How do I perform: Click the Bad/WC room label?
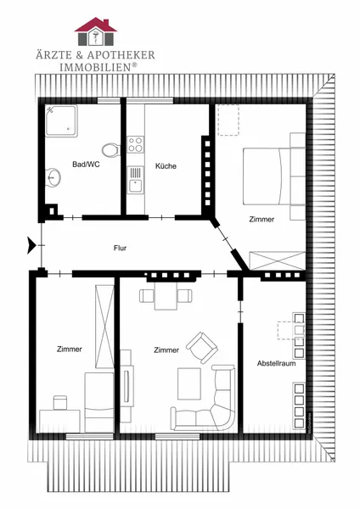tap(86, 165)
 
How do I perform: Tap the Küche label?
tap(166, 166)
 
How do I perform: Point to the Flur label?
tap(120, 248)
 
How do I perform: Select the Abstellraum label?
tap(276, 363)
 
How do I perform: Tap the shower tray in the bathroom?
tap(61, 120)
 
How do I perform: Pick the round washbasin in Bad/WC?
tap(53, 177)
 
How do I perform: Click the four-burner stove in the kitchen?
tap(136, 144)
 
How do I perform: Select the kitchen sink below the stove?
tap(135, 180)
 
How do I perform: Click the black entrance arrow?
tap(31, 245)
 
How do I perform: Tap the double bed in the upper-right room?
tap(274, 176)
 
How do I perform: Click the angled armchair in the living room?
tap(202, 347)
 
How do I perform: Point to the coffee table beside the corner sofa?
tap(189, 383)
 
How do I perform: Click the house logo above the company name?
tap(96, 31)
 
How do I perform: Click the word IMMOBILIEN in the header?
tap(95, 67)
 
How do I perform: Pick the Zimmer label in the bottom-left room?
tap(70, 350)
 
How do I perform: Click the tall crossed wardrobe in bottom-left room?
tap(104, 327)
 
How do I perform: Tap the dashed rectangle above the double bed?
tap(228, 120)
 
